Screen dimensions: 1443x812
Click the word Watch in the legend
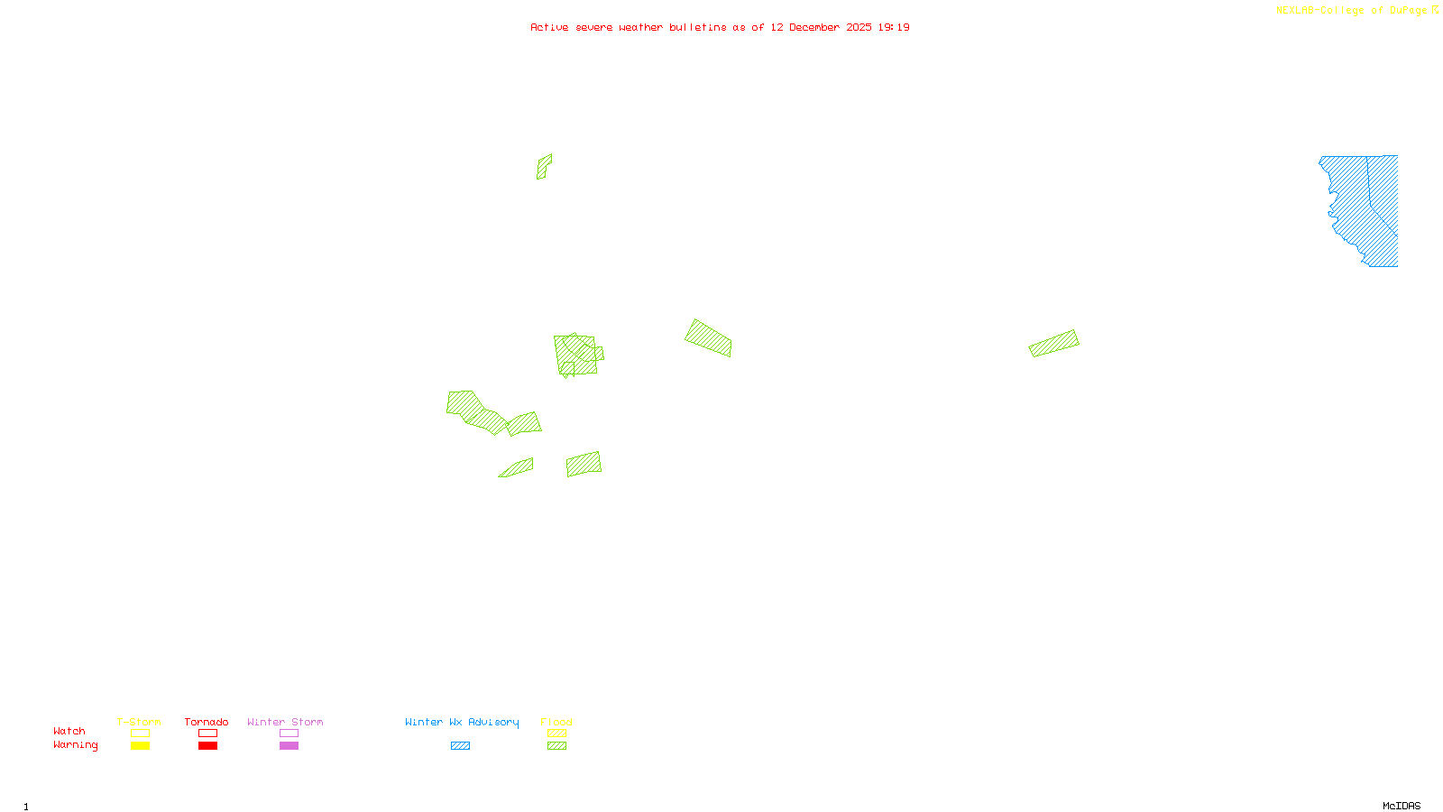(x=69, y=732)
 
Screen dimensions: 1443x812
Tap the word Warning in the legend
(x=76, y=745)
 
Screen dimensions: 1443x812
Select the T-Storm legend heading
(x=139, y=722)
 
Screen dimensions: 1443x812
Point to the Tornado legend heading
(x=207, y=722)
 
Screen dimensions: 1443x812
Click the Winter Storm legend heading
(x=285, y=722)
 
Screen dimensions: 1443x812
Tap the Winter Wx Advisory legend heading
(x=462, y=722)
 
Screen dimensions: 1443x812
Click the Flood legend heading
(x=556, y=722)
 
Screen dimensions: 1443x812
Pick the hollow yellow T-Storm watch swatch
(x=140, y=734)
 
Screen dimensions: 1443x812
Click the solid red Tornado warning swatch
(x=208, y=746)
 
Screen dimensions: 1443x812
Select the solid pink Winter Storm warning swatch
(x=289, y=746)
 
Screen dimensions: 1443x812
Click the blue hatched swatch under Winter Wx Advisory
(x=460, y=746)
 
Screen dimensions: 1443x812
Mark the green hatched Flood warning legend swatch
(x=557, y=746)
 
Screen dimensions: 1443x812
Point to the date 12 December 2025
(x=821, y=28)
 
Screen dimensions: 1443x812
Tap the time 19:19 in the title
(x=894, y=28)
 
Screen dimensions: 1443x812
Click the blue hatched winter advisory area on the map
(x=1362, y=208)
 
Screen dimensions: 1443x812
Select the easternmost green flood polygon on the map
(x=1054, y=343)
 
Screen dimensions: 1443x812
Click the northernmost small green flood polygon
(x=544, y=167)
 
